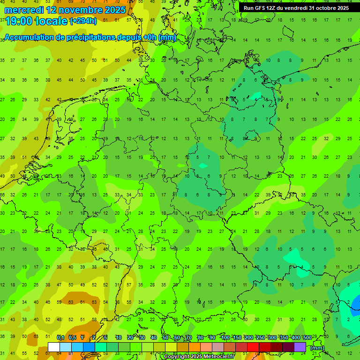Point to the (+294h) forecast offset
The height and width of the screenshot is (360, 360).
pos(83,21)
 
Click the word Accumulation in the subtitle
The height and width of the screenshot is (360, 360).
pos(29,37)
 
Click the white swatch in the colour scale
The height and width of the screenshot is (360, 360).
pos(54,347)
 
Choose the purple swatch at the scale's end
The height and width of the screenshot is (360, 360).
pos(300,347)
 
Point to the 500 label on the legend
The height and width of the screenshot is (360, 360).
pos(307,337)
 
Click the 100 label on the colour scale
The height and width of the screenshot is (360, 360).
pos(225,337)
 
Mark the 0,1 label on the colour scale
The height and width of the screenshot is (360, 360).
pos(60,337)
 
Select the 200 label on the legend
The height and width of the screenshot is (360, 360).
pos(248,337)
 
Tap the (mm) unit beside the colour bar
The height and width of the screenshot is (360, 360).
pos(317,348)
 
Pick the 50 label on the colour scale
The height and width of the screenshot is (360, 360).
pos(165,337)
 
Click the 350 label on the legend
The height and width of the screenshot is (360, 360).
pos(284,337)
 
